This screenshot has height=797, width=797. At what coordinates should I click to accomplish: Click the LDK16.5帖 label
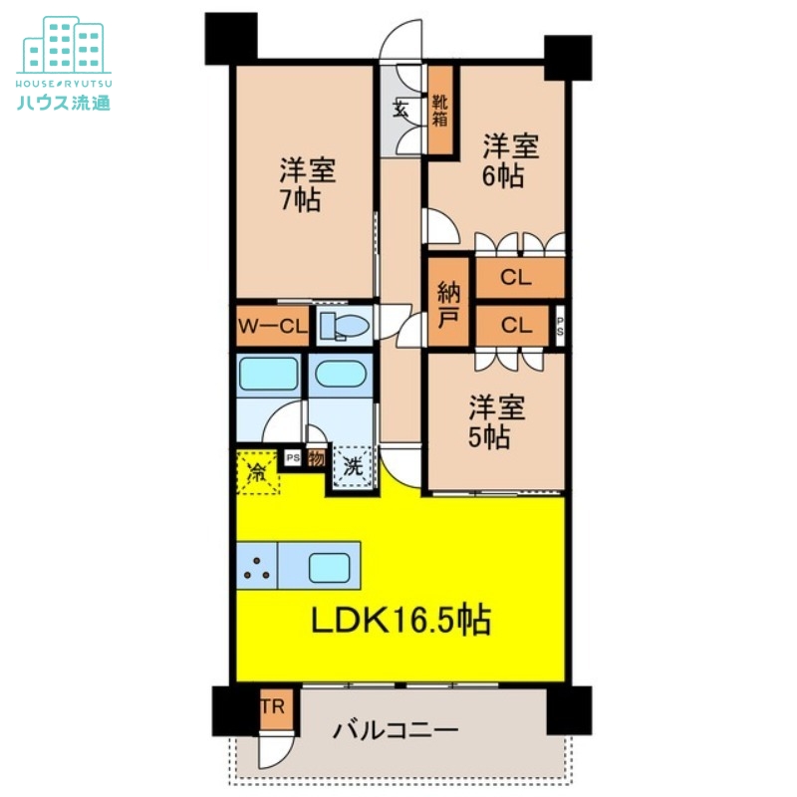click(400, 620)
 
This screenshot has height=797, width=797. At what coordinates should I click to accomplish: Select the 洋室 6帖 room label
click(510, 160)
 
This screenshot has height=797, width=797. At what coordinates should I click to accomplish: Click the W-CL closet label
click(272, 327)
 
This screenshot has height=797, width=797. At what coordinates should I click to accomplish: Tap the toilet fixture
click(345, 326)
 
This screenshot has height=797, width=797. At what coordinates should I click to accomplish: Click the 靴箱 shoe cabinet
click(440, 111)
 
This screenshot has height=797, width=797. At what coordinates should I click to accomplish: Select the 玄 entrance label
click(401, 109)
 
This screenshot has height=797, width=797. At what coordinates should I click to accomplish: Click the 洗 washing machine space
click(353, 466)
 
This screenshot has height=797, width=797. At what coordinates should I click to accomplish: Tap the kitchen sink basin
click(330, 568)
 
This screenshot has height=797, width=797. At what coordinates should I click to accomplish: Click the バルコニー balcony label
click(396, 731)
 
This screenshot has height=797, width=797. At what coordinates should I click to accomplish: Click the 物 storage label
click(316, 458)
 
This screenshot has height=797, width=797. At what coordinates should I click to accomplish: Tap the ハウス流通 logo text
click(64, 103)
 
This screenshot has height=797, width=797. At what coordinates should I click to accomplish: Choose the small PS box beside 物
click(292, 458)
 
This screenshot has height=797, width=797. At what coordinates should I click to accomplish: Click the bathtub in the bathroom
click(268, 374)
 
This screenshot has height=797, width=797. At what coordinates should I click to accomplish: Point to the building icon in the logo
click(64, 45)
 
